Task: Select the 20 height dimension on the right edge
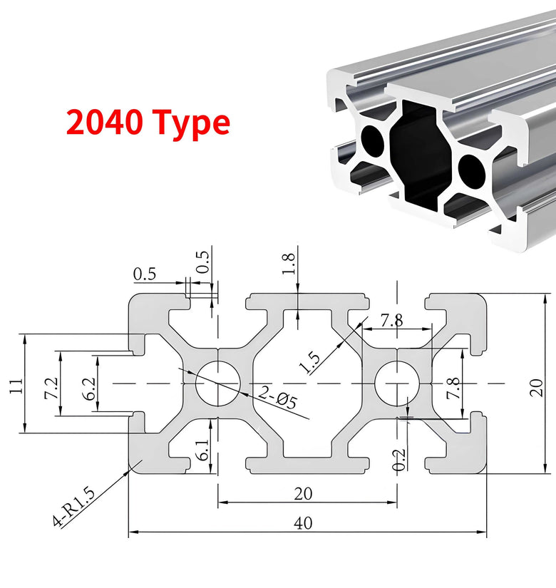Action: click(x=536, y=385)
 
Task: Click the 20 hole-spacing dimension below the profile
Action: click(x=307, y=492)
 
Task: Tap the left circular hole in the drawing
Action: click(x=217, y=383)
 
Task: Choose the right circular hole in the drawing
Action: click(x=396, y=383)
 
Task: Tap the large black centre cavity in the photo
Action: click(x=420, y=153)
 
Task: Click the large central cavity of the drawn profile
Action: click(x=307, y=385)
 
